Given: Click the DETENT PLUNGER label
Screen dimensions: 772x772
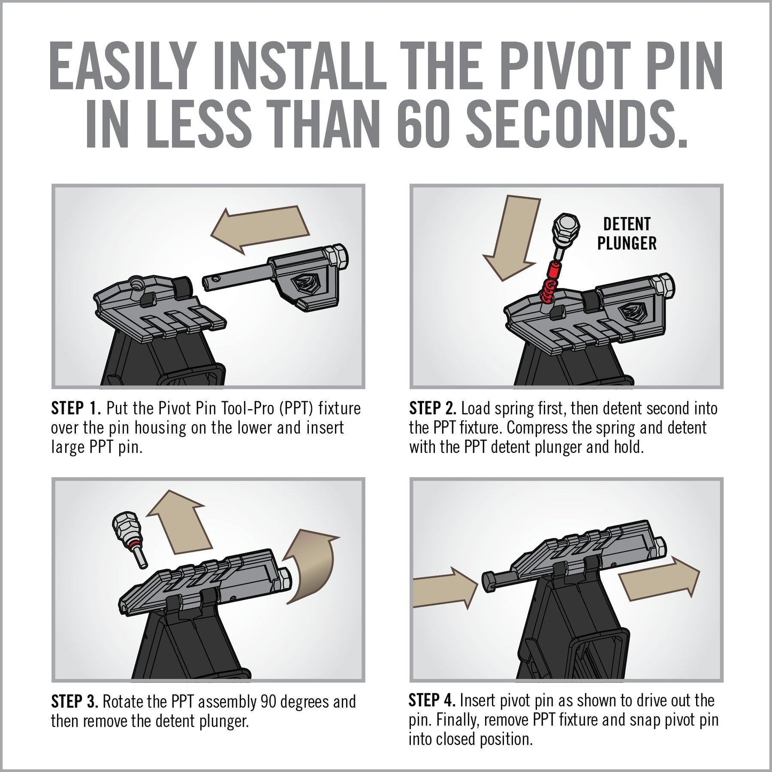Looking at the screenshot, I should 627,233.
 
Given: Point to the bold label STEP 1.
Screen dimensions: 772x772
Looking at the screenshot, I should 75,409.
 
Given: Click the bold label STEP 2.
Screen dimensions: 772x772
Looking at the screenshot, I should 433,409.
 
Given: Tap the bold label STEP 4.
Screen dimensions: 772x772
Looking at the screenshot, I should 432,700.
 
